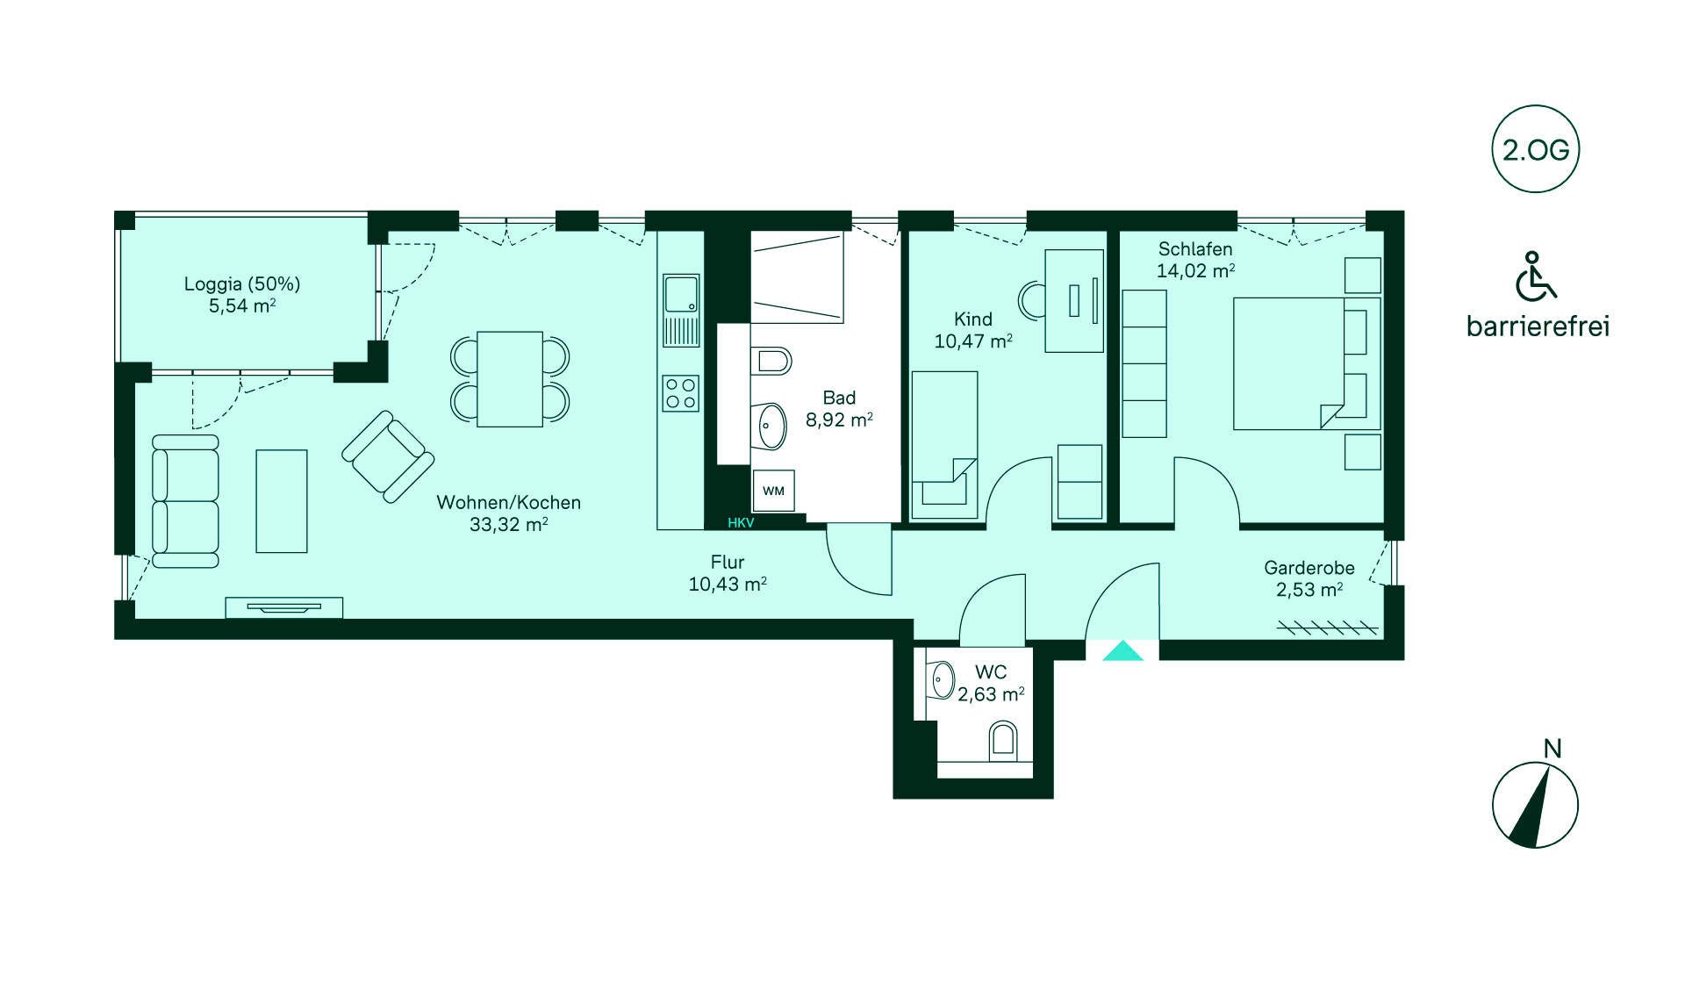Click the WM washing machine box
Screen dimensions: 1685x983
pos(773,491)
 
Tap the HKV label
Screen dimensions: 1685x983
pos(741,523)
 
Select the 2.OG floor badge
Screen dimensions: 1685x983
pos(1536,149)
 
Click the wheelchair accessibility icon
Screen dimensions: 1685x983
pos(1536,276)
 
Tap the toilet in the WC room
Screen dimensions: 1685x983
pos(1003,742)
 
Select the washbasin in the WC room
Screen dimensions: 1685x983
pos(942,680)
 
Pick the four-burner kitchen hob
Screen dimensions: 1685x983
pos(681,393)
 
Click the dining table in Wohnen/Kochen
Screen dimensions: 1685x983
pos(510,379)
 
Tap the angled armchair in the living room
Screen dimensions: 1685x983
pos(388,456)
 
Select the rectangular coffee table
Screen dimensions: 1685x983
pos(282,501)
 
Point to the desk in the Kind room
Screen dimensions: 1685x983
pos(1074,301)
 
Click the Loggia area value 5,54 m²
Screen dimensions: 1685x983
pos(242,306)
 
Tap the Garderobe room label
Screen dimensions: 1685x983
pos(1309,568)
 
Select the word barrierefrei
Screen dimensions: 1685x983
pos(1538,326)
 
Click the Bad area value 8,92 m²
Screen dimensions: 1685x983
pos(839,420)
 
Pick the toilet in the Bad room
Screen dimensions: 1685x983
pos(771,361)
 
